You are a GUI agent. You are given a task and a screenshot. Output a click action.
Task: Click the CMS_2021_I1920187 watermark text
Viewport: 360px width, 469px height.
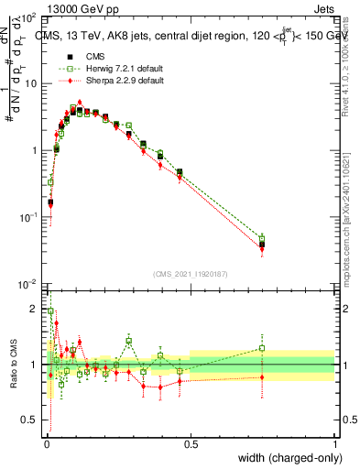point(190,274)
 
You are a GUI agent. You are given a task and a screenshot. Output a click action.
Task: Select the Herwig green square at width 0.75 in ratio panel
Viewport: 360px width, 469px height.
point(262,348)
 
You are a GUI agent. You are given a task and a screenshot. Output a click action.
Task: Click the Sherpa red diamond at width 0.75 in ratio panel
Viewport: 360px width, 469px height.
point(262,377)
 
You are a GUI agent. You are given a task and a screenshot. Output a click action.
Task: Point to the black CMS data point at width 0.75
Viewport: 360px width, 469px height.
point(262,245)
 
